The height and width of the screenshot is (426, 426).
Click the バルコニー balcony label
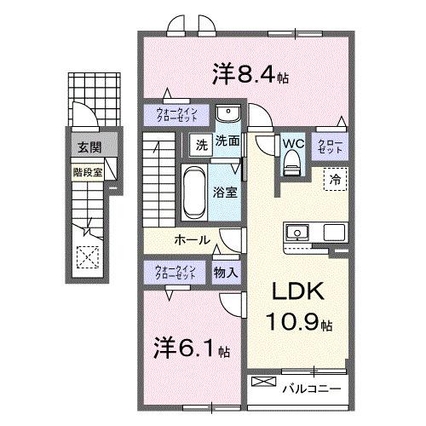313,389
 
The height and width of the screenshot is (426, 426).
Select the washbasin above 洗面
227,115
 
